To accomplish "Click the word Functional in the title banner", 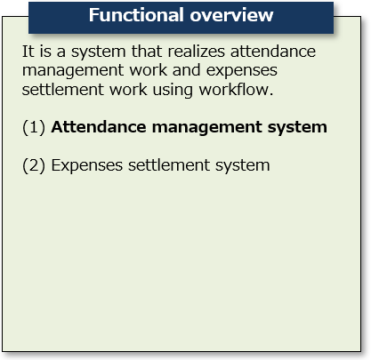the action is coord(136,15).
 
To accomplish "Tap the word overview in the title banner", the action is coord(231,15).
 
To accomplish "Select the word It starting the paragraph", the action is coord(28,52).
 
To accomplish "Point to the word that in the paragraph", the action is coord(147,52).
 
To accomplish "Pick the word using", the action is coord(173,91).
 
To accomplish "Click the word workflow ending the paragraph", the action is coord(234,89).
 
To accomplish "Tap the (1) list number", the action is coord(34,127).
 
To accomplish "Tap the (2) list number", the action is coord(34,165).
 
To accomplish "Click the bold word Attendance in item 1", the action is coord(99,127).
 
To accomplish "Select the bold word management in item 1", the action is coord(206,128).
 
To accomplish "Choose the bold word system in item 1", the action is coord(297,128).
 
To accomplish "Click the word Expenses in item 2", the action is coord(87,165).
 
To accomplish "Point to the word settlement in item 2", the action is coord(169,164).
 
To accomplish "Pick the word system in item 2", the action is coord(243,166).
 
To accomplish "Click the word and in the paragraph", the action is coord(186,70).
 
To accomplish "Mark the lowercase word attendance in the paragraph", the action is coord(273,52).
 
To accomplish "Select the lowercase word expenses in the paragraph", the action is coord(242,71).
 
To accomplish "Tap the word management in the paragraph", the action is coord(73,71).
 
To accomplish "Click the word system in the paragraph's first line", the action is coord(99,52).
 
